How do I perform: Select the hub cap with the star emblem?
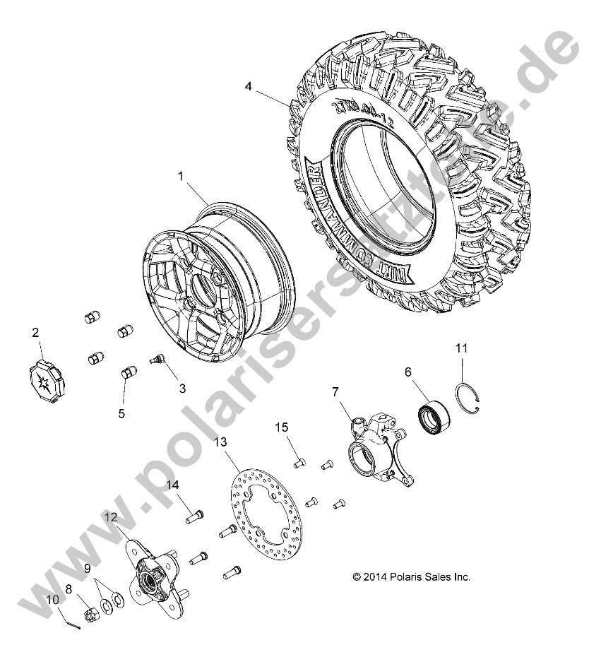45,369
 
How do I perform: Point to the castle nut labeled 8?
90,605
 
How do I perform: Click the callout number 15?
281,428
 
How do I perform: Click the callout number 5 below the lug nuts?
121,414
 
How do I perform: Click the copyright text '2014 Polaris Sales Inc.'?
411,577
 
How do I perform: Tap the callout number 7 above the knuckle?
335,391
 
